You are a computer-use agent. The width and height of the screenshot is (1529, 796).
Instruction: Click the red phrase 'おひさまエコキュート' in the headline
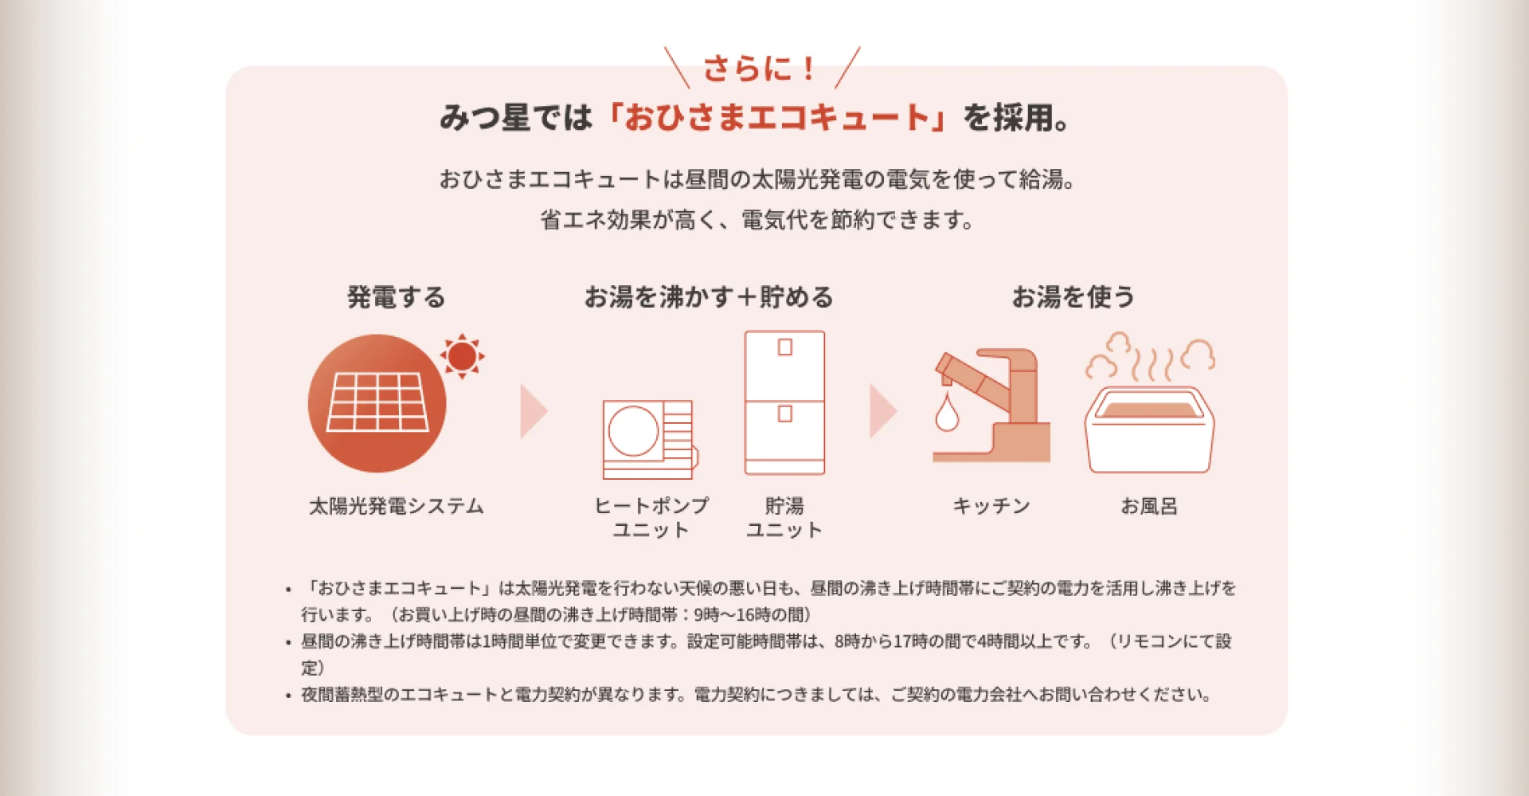(x=776, y=118)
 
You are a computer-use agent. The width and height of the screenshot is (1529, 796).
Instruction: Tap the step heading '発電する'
(x=396, y=297)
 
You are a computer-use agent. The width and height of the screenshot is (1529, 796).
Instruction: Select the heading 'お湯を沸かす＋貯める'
(x=709, y=297)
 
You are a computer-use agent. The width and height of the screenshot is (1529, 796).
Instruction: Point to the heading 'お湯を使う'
(x=1073, y=297)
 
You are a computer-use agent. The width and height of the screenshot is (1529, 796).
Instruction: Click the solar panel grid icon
(x=377, y=402)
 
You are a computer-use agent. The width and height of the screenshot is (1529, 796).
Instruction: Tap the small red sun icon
(x=462, y=356)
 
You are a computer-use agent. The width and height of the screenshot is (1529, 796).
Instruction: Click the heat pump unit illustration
(x=650, y=439)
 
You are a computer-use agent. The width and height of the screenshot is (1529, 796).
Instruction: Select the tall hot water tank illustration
(x=784, y=402)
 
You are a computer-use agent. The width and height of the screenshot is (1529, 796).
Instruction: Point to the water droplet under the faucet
(x=947, y=413)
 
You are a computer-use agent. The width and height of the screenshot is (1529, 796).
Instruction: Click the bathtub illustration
(x=1149, y=429)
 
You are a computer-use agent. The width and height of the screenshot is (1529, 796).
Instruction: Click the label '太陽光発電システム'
(x=397, y=506)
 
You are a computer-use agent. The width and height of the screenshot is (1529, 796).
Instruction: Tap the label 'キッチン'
(x=991, y=506)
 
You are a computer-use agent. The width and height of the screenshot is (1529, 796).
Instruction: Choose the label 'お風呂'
(x=1149, y=506)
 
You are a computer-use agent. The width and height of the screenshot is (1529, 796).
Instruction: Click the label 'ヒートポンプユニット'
(x=651, y=518)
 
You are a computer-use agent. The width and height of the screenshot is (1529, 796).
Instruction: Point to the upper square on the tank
(x=785, y=347)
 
